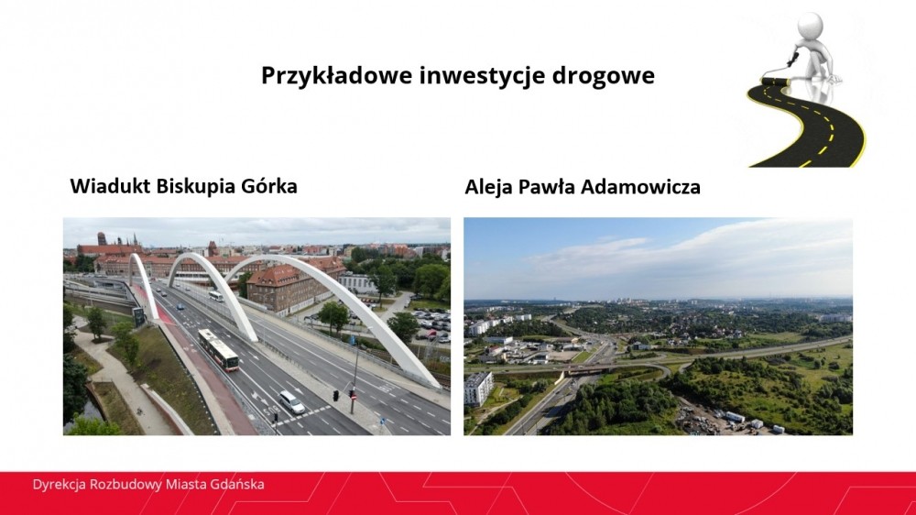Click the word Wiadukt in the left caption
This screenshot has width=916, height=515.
(x=109, y=186)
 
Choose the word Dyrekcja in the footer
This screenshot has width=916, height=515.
(x=59, y=485)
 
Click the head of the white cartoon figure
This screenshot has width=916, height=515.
(x=811, y=25)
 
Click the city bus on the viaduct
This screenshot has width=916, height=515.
(x=219, y=349)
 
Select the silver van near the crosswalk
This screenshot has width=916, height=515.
(x=291, y=402)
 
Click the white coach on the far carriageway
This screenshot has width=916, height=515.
(x=215, y=296)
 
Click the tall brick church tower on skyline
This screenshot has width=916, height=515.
(x=102, y=240)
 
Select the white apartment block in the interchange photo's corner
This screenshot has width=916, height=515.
(x=478, y=389)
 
